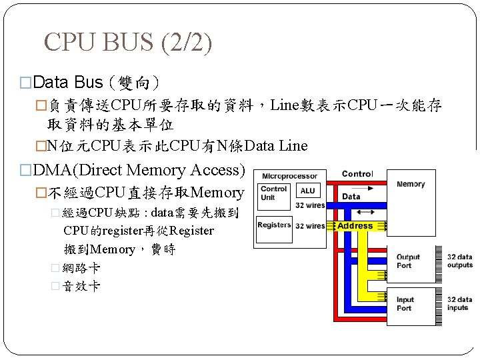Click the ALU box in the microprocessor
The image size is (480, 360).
pyautogui.click(x=309, y=191)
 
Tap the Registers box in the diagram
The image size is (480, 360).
pyautogui.click(x=274, y=225)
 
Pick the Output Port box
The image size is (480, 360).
pyautogui.click(x=408, y=261)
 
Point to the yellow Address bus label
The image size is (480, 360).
pyautogui.click(x=355, y=226)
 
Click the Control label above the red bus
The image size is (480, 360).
pyautogui.click(x=357, y=174)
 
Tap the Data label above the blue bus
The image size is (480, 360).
pyautogui.click(x=351, y=197)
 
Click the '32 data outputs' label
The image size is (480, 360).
pyautogui.click(x=459, y=261)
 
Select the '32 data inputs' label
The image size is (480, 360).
pyautogui.click(x=459, y=304)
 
